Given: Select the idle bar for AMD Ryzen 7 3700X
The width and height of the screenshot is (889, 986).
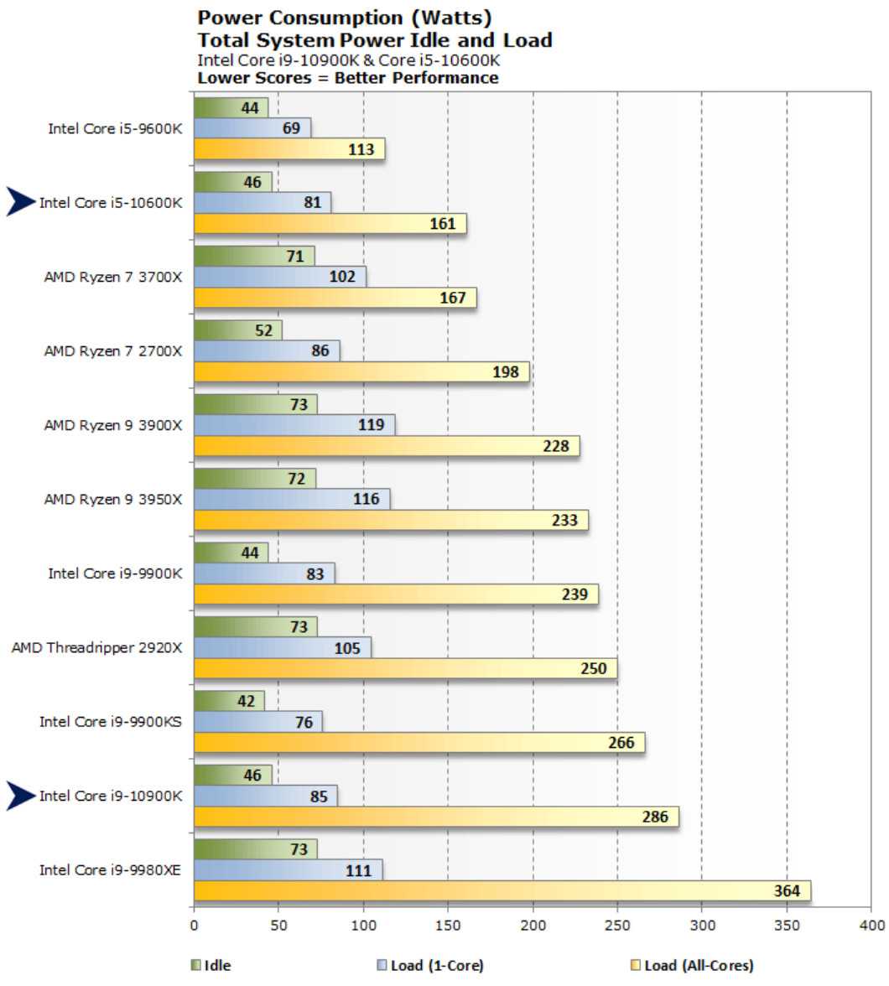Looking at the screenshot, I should point(254,257).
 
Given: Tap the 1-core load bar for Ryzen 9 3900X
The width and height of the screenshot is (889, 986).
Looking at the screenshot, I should point(294,425).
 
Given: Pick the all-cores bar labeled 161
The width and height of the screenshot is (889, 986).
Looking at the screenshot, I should point(330,224).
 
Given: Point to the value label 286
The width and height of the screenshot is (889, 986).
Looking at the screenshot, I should point(655,817).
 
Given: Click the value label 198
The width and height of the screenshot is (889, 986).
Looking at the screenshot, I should point(506,372).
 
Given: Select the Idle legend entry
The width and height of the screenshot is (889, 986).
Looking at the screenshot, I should point(211,966).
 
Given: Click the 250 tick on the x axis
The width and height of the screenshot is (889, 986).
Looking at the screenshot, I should point(617,926).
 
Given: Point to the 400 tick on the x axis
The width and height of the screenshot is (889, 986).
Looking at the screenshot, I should point(871,926).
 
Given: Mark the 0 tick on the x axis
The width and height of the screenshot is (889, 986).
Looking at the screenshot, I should point(194,926).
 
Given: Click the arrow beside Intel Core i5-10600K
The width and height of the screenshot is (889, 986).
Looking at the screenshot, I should point(21,202).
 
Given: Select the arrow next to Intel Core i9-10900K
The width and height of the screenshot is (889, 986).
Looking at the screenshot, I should point(21,796).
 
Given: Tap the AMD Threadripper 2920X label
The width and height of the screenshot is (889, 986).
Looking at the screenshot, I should point(96,647).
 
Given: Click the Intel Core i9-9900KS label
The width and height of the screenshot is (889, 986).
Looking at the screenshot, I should point(110,721).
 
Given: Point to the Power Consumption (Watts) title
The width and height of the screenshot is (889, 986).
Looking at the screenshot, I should point(345,18).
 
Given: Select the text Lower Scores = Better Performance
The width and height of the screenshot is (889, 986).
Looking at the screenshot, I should point(347,78).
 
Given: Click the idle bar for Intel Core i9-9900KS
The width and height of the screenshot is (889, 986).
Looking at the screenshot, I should point(229,701).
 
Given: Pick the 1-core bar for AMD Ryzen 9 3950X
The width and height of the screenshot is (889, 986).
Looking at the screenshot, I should point(292,499).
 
